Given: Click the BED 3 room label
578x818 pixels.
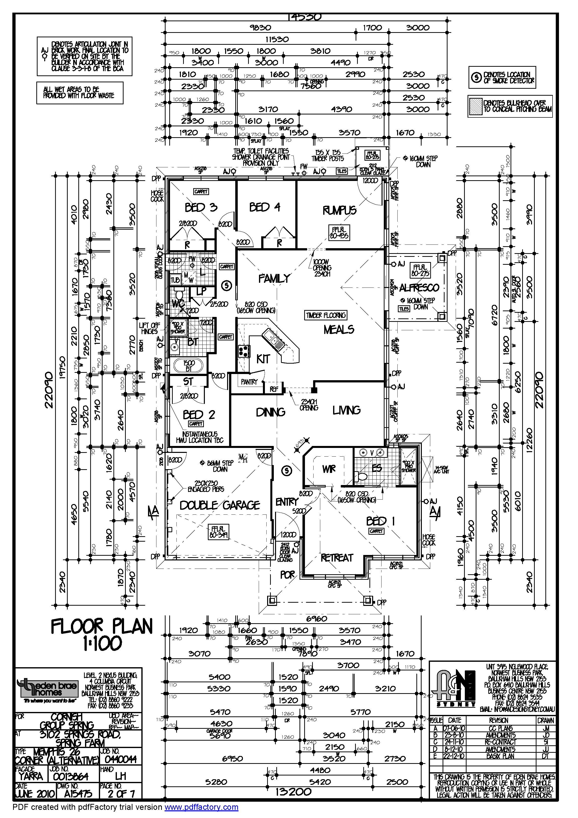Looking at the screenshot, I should [201, 207].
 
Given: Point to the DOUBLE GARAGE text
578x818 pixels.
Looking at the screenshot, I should [220, 505].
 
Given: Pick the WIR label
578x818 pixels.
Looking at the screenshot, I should [329, 469].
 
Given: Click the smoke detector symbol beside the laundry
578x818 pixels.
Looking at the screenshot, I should [227, 285].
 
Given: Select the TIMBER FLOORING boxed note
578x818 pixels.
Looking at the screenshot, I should [325, 315].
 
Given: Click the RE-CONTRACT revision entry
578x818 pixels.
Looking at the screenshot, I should [500, 742].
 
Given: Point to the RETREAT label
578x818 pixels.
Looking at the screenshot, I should [337, 557].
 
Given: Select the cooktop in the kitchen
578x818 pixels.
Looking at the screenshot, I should [244, 351].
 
